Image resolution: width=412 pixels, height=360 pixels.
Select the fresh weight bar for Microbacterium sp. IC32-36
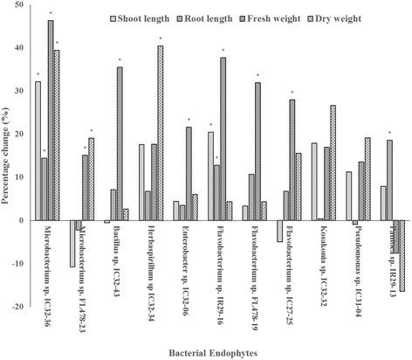[x=50, y=121]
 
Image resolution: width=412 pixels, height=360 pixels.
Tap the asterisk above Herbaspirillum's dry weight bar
[x=160, y=39]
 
